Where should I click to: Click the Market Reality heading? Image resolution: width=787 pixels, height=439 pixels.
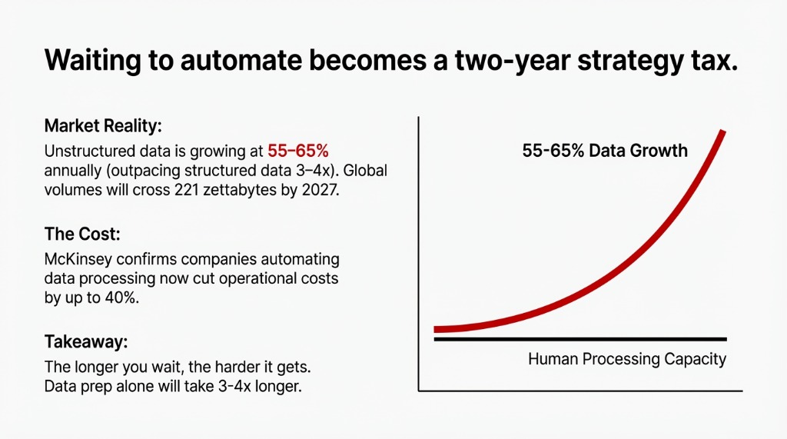tap(103, 126)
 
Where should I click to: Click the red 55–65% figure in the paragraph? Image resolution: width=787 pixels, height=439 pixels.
tap(298, 150)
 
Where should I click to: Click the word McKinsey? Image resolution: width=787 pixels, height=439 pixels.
tap(81, 258)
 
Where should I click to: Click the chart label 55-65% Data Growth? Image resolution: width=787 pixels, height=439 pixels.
tap(605, 151)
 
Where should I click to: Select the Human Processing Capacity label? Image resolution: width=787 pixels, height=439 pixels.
tap(627, 359)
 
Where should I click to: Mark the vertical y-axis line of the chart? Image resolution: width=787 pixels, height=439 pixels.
tap(418, 254)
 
